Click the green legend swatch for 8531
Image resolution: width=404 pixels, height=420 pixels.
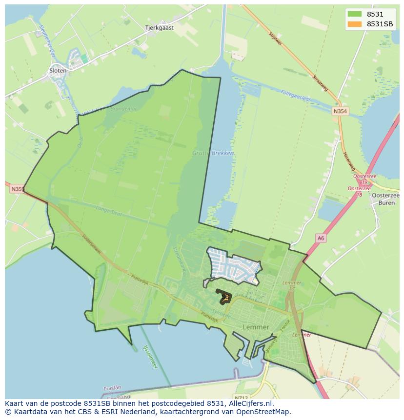(x=355, y=14)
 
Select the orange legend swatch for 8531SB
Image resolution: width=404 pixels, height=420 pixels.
(x=355, y=24)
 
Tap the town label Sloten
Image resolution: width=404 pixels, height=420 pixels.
(x=58, y=70)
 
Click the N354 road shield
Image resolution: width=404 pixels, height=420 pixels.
(x=340, y=112)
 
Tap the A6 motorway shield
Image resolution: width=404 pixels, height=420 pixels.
(x=320, y=238)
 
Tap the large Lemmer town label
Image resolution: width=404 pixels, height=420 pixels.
(x=256, y=327)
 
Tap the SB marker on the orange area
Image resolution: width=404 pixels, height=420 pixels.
(x=225, y=297)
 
